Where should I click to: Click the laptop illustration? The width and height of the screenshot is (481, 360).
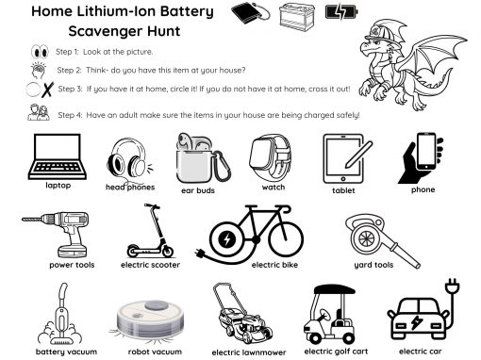tap(58, 156)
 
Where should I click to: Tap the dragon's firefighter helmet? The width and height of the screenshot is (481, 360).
tap(384, 32)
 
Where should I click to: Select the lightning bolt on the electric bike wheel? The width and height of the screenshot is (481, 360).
tap(226, 239)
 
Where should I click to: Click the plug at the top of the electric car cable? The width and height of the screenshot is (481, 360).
tap(453, 286)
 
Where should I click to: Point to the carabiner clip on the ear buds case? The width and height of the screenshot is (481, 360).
tap(221, 167)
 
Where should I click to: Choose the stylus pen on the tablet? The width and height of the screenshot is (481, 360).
tap(358, 155)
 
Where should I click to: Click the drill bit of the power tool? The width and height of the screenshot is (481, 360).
tap(32, 219)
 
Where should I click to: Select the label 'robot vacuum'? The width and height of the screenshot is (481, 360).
tap(155, 352)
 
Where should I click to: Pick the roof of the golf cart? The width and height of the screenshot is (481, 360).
tap(335, 289)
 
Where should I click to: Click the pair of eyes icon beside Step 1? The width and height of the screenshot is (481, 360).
tap(40, 52)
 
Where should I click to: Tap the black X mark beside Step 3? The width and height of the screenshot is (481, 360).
tap(47, 90)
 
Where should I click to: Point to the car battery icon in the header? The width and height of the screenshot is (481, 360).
tap(297, 18)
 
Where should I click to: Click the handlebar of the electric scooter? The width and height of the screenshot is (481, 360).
tap(152, 206)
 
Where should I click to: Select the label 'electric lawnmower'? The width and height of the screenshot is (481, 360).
tap(249, 352)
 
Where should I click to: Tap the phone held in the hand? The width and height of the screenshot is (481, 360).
tap(426, 152)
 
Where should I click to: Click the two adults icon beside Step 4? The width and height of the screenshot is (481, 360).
tap(39, 112)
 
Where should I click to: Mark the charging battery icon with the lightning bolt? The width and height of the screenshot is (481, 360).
tap(341, 12)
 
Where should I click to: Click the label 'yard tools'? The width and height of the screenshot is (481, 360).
tap(373, 265)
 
